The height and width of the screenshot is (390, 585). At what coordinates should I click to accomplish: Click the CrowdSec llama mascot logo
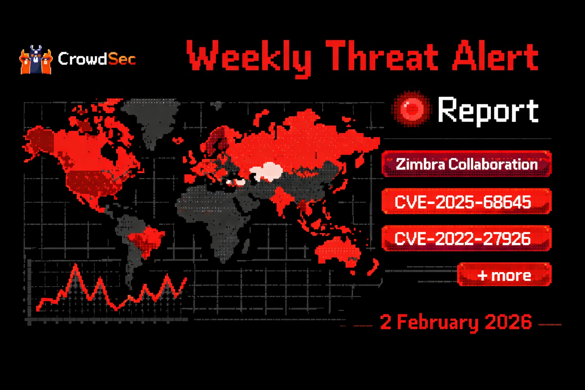click(35, 60)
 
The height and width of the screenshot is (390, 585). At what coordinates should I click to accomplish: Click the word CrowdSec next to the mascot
click(97, 59)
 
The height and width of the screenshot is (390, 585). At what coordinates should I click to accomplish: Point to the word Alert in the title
click(495, 57)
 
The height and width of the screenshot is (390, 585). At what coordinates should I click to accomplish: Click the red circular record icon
click(412, 109)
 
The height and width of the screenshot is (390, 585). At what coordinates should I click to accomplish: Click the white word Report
click(488, 110)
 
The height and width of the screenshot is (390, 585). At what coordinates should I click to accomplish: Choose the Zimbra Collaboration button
click(467, 164)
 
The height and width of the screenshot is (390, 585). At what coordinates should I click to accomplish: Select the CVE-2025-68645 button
click(467, 201)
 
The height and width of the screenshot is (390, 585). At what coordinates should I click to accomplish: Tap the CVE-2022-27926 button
click(467, 239)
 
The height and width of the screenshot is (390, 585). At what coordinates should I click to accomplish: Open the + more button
click(504, 275)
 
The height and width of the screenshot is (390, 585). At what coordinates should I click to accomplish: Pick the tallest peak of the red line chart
click(76, 265)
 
